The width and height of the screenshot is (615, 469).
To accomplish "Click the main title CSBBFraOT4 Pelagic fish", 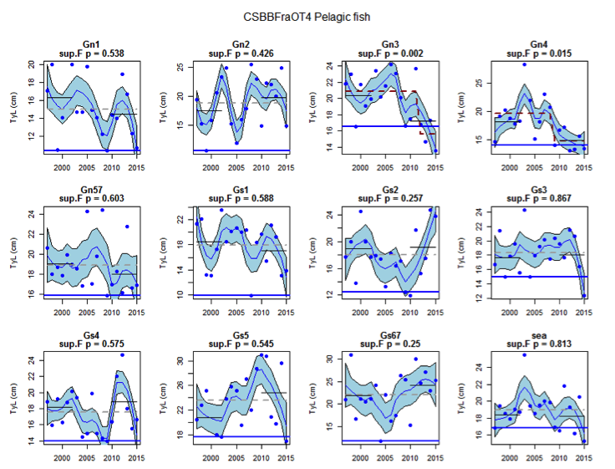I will [x=307, y=16].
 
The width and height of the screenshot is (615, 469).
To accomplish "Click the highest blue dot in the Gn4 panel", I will [x=525, y=64].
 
